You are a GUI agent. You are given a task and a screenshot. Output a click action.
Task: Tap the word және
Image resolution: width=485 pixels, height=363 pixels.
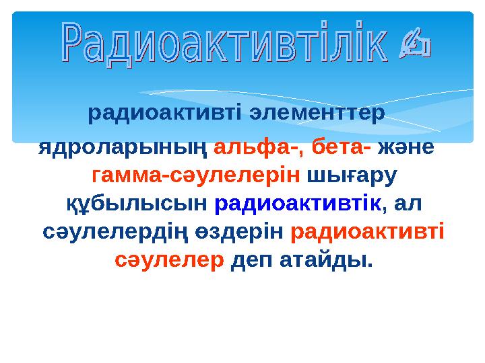click(x=406, y=146)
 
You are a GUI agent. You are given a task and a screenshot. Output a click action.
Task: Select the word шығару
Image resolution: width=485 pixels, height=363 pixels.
click(x=352, y=175)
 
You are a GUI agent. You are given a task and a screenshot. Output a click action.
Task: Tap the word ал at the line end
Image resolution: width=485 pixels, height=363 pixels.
click(x=411, y=203)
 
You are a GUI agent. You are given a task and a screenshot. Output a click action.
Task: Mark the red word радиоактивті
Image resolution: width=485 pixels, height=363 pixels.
click(x=367, y=231)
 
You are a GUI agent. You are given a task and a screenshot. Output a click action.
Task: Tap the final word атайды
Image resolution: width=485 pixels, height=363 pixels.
click(x=327, y=259)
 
